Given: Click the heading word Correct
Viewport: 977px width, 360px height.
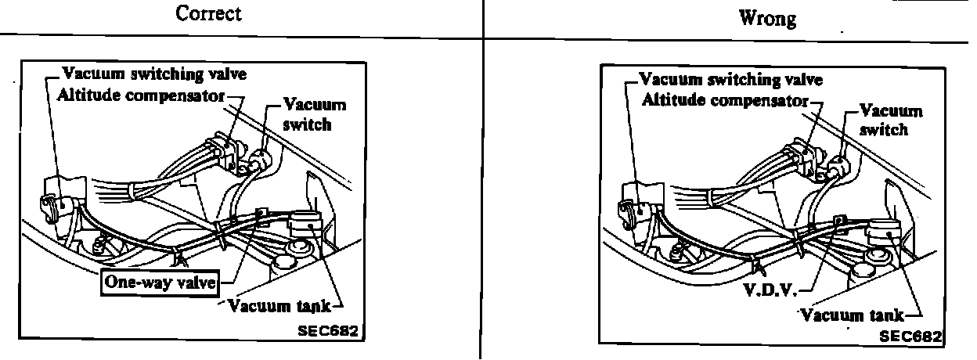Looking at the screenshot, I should [209, 13].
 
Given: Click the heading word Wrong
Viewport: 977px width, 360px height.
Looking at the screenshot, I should [767, 17].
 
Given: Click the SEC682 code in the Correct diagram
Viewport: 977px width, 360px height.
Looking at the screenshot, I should [327, 330].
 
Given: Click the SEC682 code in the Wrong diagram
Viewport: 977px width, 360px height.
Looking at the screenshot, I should [910, 336].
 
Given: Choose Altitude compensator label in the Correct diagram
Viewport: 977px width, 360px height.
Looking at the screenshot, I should [142, 95].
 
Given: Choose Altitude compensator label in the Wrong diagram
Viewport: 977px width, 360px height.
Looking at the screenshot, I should [724, 100].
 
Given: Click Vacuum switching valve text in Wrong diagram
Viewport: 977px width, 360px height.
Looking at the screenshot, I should [731, 80].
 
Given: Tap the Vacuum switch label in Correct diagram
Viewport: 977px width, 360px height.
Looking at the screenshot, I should [314, 114].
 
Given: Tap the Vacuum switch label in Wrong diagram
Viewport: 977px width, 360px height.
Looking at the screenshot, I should [890, 120].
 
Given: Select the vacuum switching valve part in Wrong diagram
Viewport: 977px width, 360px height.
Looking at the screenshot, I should [636, 207].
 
